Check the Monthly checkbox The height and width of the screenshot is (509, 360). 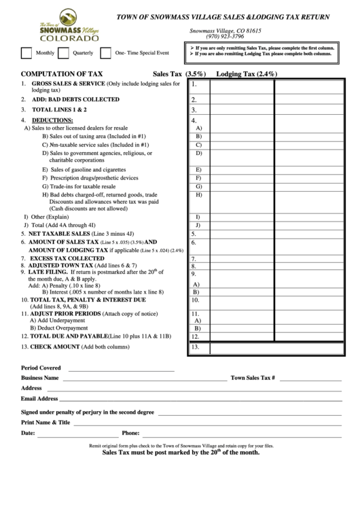click(x=26, y=53)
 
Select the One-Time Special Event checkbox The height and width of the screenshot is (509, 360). click(x=106, y=53)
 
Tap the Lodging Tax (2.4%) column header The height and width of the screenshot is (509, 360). click(x=247, y=73)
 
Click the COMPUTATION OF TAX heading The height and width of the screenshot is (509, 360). click(x=62, y=73)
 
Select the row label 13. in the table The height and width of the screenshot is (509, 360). click(x=195, y=347)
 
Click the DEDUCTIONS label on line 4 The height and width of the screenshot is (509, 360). click(x=48, y=120)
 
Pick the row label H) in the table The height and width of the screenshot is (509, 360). click(x=198, y=195)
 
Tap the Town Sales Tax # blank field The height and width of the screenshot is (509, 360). click(x=310, y=377)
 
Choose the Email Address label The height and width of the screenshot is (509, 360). click(x=39, y=398)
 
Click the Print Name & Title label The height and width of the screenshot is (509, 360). click(x=46, y=422)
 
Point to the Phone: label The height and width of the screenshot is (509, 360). click(x=130, y=432)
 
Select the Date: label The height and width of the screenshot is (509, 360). click(x=28, y=432)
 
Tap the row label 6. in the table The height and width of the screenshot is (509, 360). click(x=194, y=243)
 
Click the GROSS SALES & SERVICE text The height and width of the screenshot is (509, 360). click(x=68, y=83)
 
